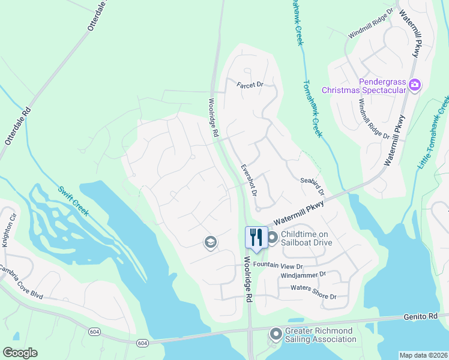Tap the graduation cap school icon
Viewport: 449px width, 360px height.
211,242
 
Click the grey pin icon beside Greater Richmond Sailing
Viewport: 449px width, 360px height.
276,334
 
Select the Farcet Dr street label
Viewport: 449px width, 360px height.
250,85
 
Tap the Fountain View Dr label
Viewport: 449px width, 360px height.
279,265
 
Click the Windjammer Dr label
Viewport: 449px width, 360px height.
303,274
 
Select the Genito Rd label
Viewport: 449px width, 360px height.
428,316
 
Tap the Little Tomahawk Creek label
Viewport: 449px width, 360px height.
433,132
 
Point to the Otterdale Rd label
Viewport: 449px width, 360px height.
17,127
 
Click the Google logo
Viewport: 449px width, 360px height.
20,352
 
